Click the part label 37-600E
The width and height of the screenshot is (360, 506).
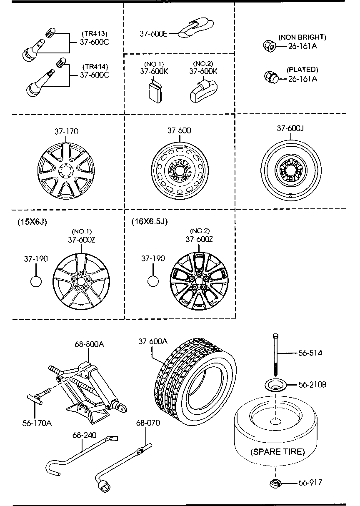click(153, 34)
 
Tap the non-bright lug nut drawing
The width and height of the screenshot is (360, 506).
click(270, 46)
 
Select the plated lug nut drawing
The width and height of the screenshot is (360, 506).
click(271, 77)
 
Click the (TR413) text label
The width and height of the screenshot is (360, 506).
click(95, 33)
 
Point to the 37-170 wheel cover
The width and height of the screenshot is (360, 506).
click(66, 171)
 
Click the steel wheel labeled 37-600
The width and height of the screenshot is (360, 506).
click(180, 171)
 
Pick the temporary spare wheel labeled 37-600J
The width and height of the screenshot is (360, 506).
click(291, 170)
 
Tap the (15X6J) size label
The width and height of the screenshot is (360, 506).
click(32, 222)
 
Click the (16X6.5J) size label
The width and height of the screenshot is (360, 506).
click(150, 221)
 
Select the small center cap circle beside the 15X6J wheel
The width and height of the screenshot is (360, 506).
click(36, 281)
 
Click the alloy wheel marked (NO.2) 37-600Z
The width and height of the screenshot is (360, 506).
click(199, 281)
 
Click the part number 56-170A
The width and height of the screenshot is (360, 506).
click(37, 423)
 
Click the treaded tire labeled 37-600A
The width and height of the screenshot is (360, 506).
click(195, 382)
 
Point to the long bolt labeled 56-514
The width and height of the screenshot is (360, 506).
click(276, 355)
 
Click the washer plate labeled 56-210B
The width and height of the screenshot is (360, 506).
click(275, 385)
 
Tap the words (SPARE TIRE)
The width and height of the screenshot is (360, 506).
click(277, 452)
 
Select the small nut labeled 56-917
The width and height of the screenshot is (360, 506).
click(275, 483)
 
